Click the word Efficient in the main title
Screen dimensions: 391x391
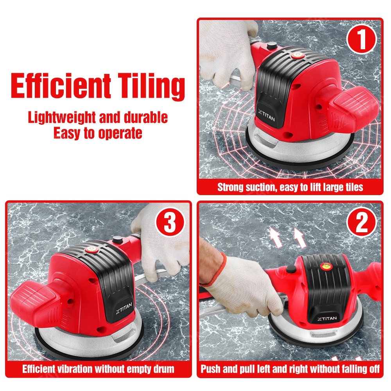[61, 85]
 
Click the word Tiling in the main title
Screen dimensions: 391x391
[151, 86]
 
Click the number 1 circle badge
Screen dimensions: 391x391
[361, 39]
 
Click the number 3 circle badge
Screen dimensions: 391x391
[170, 222]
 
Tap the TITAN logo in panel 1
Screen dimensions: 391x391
[266, 115]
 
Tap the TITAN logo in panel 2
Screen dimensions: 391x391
[327, 318]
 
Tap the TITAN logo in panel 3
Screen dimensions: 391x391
[124, 308]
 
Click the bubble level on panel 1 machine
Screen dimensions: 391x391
[297, 55]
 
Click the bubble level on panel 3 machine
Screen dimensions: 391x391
[91, 249]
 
